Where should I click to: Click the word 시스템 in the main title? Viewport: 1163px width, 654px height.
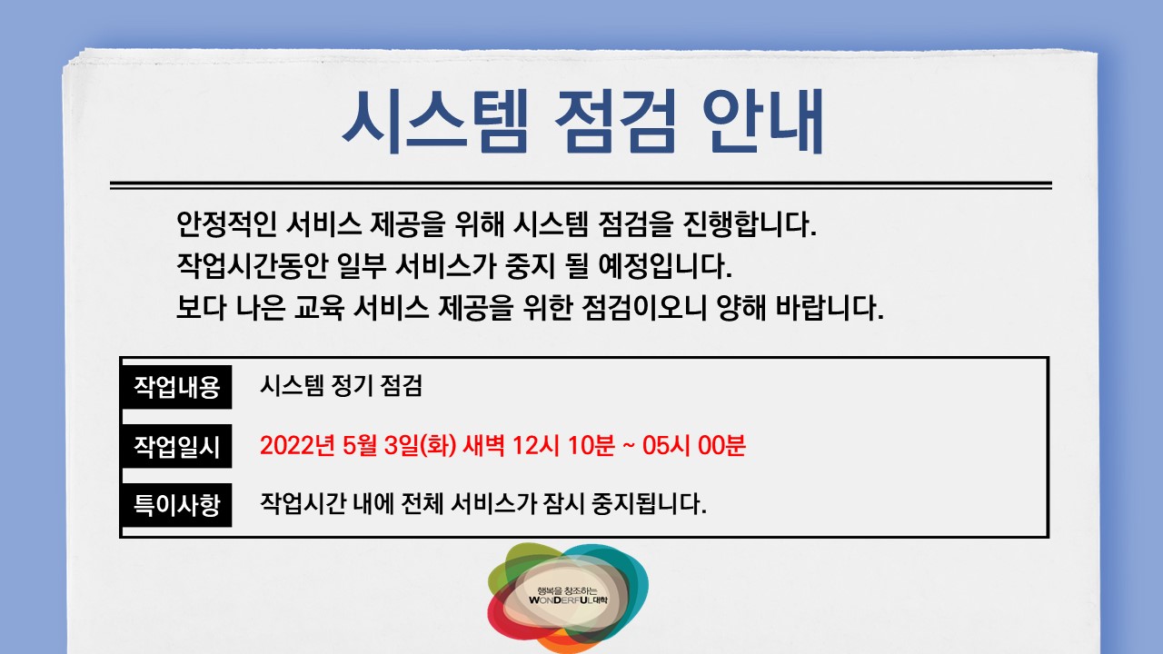[433, 122]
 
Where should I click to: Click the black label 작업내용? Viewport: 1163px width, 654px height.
[177, 387]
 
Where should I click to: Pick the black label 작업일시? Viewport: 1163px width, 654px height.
[177, 446]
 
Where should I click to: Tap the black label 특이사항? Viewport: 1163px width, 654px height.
[177, 504]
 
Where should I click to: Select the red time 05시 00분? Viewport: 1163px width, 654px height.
[693, 446]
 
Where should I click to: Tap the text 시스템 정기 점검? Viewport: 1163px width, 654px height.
[342, 387]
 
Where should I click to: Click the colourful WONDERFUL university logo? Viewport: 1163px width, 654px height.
[568, 597]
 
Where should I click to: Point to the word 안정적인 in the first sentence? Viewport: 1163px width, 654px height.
[226, 223]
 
